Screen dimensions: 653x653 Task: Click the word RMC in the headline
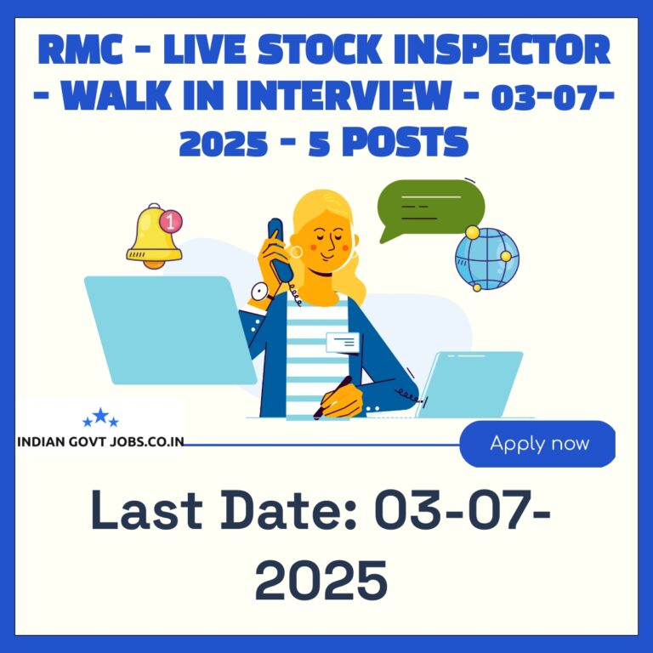click(x=80, y=49)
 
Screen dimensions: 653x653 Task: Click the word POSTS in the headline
click(x=406, y=142)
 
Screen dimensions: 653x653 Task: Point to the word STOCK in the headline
click(x=321, y=49)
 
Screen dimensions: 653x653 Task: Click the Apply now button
click(x=537, y=444)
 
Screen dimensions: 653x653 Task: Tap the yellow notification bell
click(x=153, y=236)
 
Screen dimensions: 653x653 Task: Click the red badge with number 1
click(x=171, y=221)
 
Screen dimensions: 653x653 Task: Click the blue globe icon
click(x=487, y=258)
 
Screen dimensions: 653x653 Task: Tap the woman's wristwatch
click(x=261, y=292)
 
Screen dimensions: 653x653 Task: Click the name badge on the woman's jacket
click(x=343, y=343)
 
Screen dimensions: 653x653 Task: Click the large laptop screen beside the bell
click(x=170, y=330)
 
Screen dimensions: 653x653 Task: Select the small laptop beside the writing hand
click(x=469, y=384)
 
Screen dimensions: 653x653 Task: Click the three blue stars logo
click(x=100, y=417)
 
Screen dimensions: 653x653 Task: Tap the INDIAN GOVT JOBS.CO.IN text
click(x=100, y=441)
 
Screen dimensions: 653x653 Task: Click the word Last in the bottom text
click(x=146, y=510)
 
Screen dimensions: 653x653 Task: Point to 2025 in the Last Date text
click(x=321, y=580)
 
